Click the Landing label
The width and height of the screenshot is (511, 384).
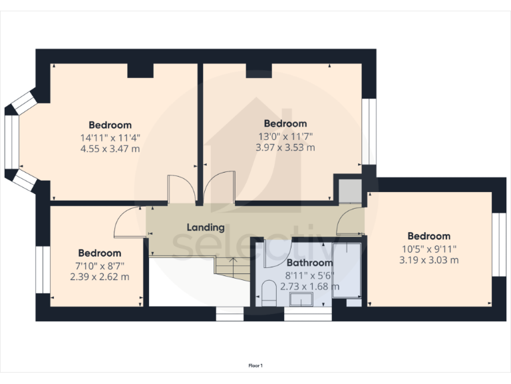tap(205, 227)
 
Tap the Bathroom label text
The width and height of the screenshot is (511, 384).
tap(309, 263)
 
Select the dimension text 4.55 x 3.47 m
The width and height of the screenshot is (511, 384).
tap(110, 149)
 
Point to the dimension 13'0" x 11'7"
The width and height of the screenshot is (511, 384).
tap(285, 136)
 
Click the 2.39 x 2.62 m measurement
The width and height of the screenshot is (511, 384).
tap(100, 277)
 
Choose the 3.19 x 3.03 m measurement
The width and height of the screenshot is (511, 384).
tap(428, 260)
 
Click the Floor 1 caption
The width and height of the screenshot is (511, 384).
tap(255, 365)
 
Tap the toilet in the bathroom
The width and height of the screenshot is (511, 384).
tap(269, 294)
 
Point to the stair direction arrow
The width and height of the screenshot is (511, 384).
tap(234, 261)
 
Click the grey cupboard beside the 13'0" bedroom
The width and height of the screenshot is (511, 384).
tap(348, 191)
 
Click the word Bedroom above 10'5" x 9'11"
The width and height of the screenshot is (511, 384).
tap(428, 236)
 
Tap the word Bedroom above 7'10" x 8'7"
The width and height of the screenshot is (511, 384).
tap(100, 253)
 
